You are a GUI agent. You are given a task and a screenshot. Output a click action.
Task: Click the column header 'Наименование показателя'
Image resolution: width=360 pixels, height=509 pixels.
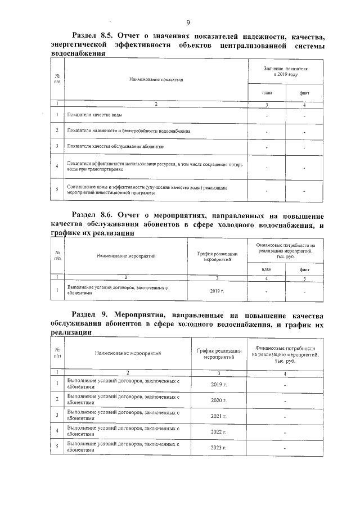coord(156,79)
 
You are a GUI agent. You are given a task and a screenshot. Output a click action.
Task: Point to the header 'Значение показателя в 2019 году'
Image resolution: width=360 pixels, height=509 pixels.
coord(286,70)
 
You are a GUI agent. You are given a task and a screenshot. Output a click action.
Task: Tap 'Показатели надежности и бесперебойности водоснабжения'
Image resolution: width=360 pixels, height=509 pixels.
coord(128,131)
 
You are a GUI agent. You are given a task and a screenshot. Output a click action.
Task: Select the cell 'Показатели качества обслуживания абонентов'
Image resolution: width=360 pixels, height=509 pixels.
coord(115,146)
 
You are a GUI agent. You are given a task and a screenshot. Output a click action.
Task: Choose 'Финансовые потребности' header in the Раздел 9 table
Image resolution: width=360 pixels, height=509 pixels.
coord(285,354)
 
